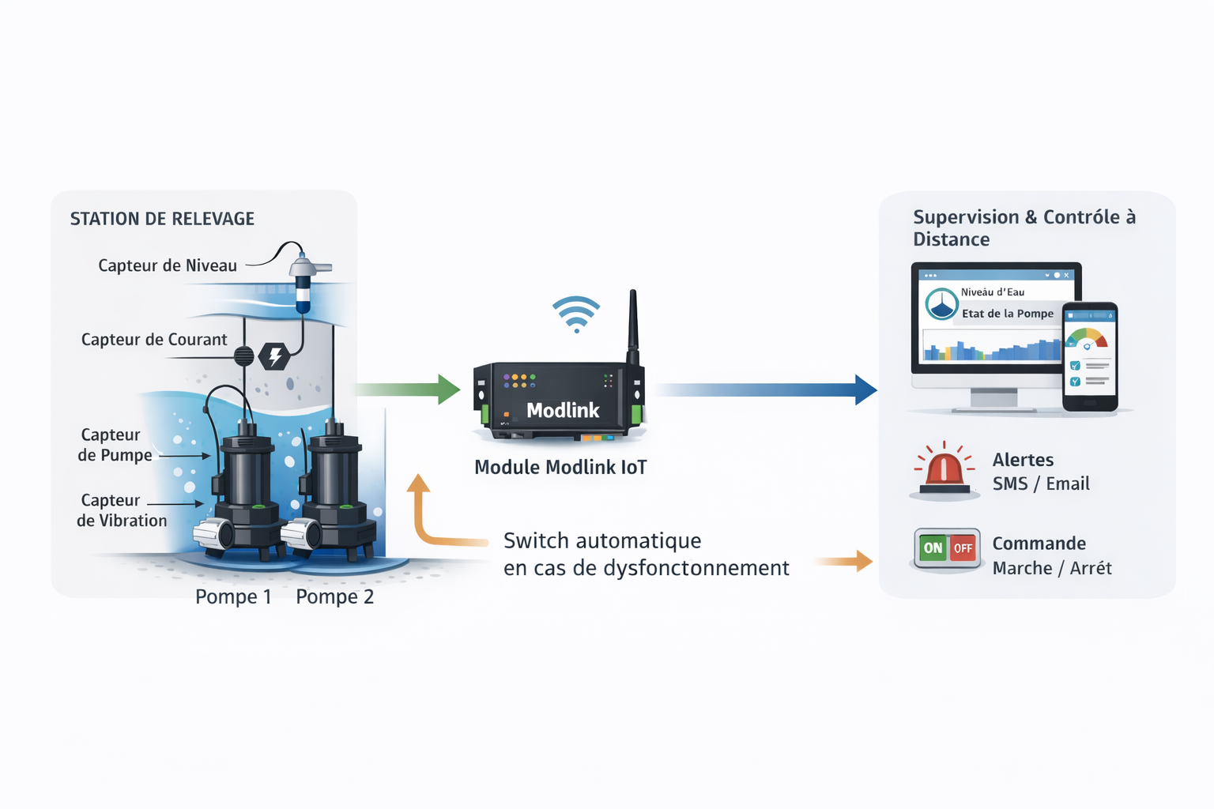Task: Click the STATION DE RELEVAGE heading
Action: [x=162, y=219]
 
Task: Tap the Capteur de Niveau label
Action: [x=167, y=265]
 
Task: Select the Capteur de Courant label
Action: [x=154, y=340]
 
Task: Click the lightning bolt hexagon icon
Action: [x=274, y=356]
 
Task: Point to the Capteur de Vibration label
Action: [x=121, y=510]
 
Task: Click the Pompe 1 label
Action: [x=233, y=596]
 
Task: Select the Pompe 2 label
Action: [x=334, y=596]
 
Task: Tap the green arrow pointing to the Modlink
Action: [x=408, y=389]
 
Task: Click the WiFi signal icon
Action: [x=576, y=314]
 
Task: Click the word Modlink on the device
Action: [x=563, y=410]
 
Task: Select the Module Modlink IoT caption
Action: [x=560, y=467]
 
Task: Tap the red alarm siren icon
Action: [x=943, y=468]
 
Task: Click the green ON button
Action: [x=933, y=547]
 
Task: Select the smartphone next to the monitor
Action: [x=1089, y=356]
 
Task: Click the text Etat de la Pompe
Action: [x=1008, y=314]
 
